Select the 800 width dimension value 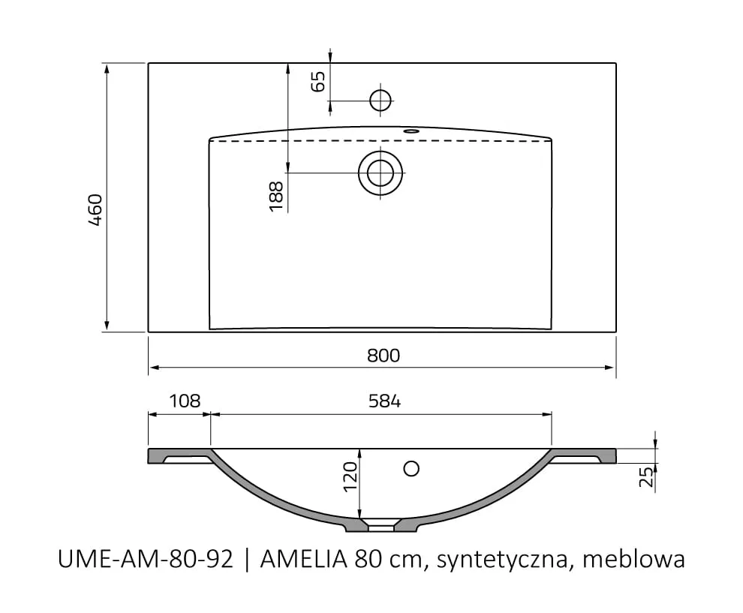click(384, 356)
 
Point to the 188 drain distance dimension click(275, 196)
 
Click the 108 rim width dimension click(184, 401)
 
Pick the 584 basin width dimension click(384, 401)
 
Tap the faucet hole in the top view click(381, 99)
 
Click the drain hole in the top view click(381, 173)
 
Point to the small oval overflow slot click(411, 131)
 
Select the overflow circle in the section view click(411, 468)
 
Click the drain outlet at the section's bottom click(381, 527)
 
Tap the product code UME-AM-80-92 click(146, 560)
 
